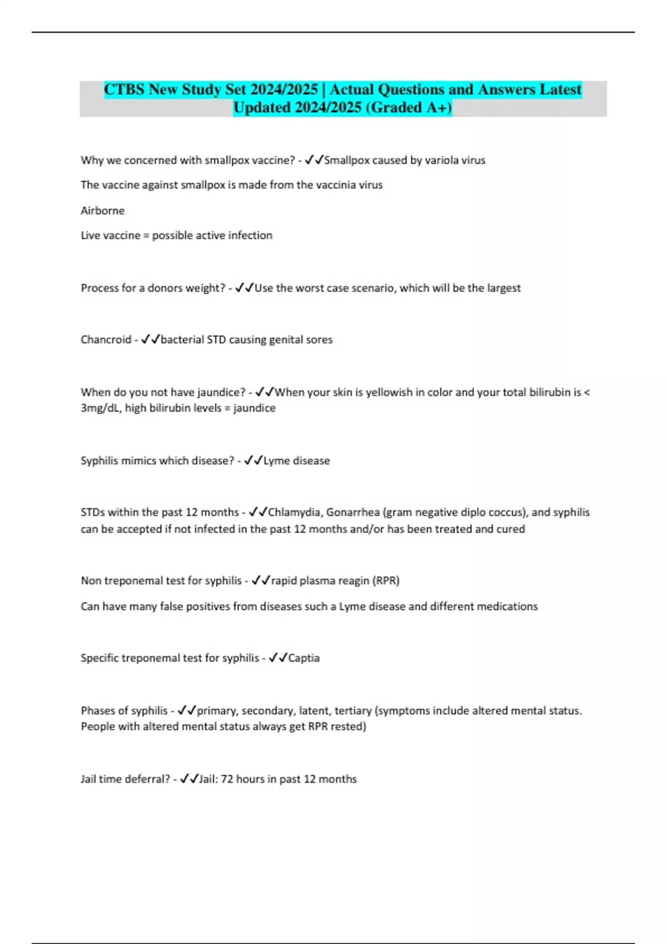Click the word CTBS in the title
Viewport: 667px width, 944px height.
(x=125, y=89)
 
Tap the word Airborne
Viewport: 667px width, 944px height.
(x=103, y=211)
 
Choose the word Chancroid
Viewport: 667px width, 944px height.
(x=106, y=340)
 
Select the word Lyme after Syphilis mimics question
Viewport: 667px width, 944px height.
(x=276, y=461)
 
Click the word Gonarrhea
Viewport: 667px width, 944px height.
(x=353, y=513)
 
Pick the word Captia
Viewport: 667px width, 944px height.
(x=304, y=658)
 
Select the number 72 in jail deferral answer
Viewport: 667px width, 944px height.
(x=227, y=779)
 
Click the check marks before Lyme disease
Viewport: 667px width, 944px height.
(x=253, y=461)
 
